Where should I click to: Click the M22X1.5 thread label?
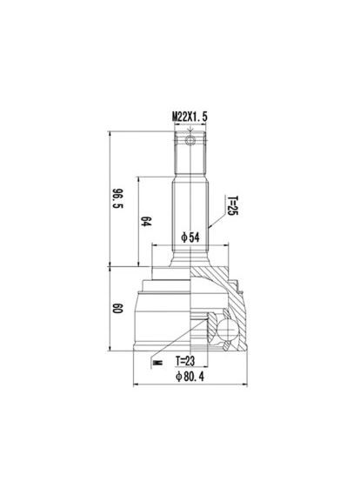point(190,117)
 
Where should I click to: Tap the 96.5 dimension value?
point(117,198)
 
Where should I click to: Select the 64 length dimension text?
point(146,222)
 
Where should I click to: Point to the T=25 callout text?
point(232,205)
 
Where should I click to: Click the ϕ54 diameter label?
point(190,237)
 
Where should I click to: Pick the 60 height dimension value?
point(117,308)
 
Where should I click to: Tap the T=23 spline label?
point(185,361)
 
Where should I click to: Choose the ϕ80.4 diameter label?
point(190,377)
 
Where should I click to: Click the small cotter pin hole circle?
point(190,140)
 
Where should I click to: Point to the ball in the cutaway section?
point(227,330)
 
